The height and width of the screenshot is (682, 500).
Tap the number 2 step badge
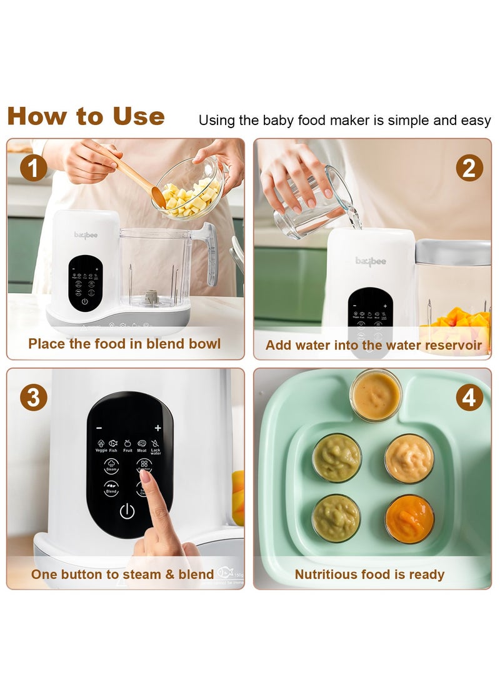click(x=469, y=168)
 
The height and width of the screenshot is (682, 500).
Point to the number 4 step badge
click(x=469, y=398)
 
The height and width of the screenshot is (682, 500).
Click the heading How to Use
click(x=86, y=117)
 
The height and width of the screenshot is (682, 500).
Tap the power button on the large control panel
click(x=127, y=512)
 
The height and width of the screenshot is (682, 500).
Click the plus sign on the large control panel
click(x=157, y=428)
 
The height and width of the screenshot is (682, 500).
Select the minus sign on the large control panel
click(x=99, y=428)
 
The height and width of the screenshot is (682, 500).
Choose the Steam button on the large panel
click(x=110, y=466)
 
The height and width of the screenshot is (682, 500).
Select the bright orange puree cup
click(x=409, y=519)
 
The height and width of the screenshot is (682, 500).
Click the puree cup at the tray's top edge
click(x=375, y=395)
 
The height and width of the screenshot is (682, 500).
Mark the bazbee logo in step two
click(x=371, y=261)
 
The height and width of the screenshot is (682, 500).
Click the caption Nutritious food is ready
click(x=369, y=574)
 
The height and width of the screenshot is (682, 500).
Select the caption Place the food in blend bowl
click(x=124, y=344)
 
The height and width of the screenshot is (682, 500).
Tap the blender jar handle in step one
click(x=210, y=250)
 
